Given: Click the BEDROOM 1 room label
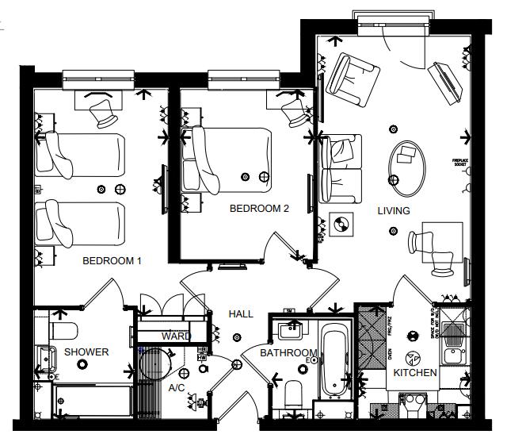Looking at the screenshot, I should (112, 260).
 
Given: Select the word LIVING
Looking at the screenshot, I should (394, 211).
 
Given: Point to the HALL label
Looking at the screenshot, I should (241, 314).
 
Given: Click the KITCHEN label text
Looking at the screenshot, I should (415, 372).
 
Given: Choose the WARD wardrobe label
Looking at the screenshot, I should (176, 336).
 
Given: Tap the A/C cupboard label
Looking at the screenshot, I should (177, 387).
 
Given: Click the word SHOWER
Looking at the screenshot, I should (86, 352).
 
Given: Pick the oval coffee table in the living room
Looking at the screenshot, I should (410, 167).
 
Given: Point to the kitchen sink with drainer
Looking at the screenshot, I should (456, 338).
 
